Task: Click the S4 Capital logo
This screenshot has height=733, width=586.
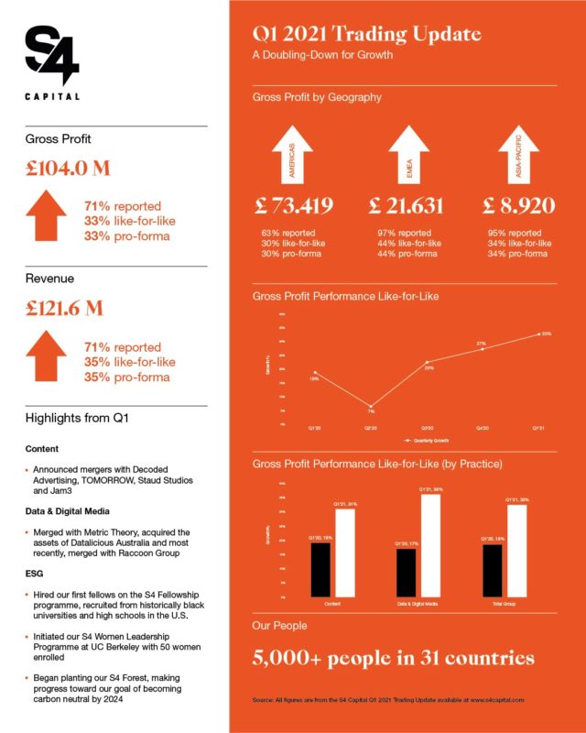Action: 52,62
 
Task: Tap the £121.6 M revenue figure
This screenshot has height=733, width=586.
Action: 64,308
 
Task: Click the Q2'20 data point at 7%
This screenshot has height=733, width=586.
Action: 372,406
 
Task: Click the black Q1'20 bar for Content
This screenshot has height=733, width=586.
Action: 320,569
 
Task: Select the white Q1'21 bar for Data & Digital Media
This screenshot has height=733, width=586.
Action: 430,545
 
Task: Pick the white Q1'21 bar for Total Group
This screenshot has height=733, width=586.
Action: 518,550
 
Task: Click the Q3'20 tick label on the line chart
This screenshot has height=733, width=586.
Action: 428,428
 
